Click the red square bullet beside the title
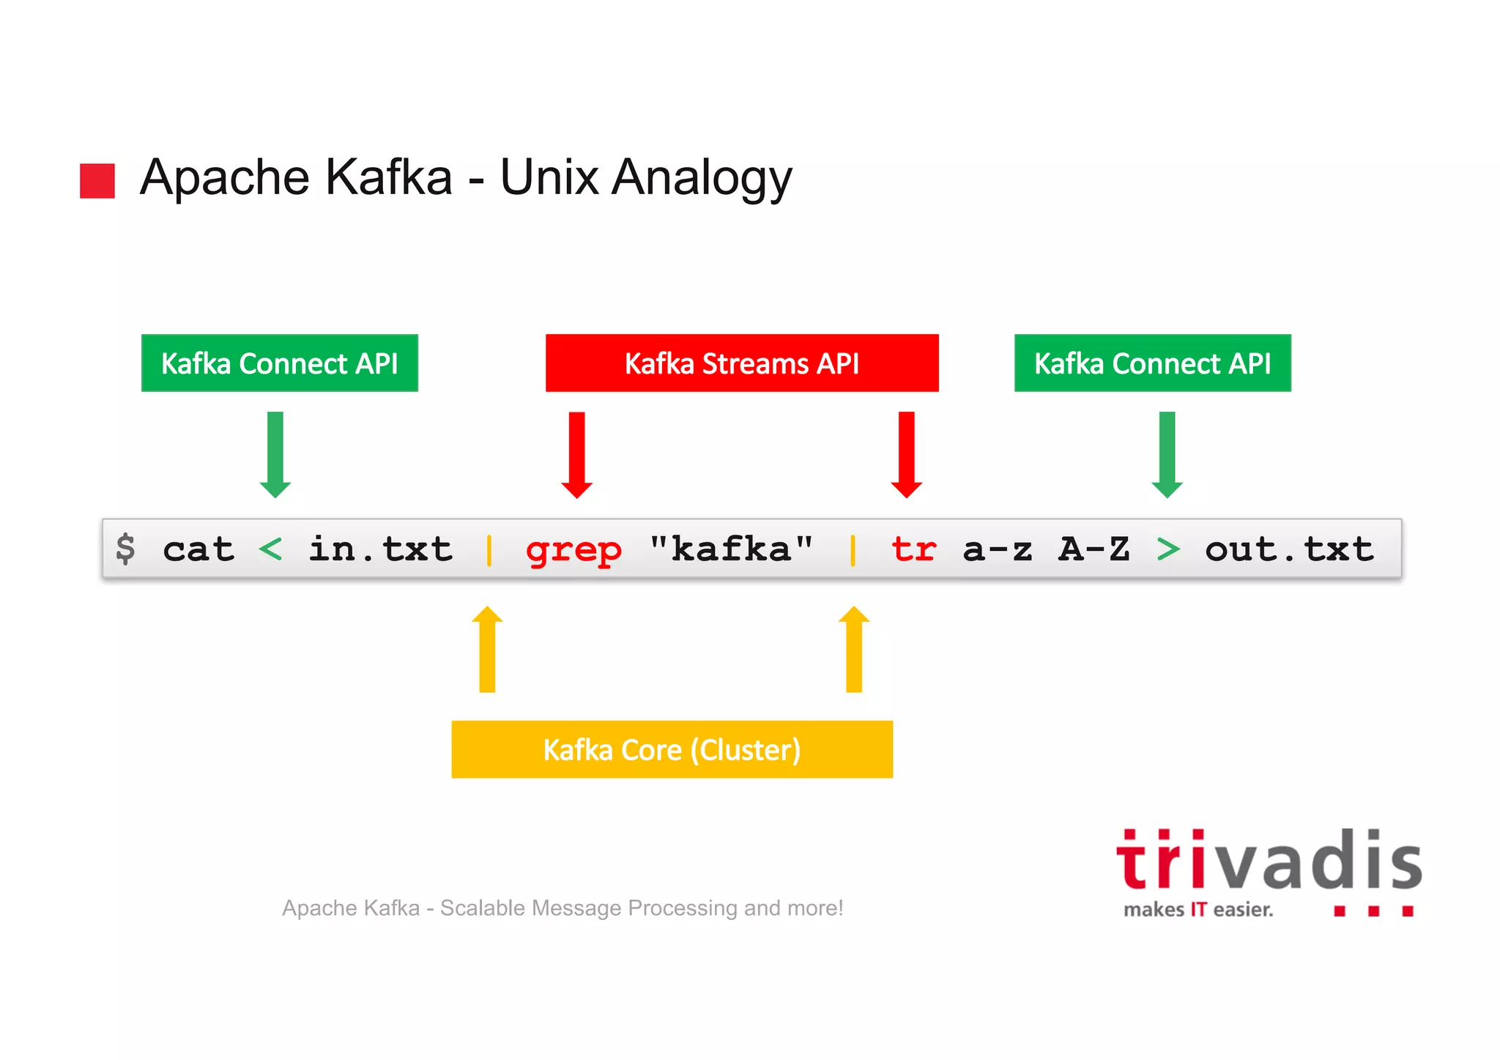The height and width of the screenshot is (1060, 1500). click(97, 181)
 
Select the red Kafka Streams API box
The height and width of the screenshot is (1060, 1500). click(741, 363)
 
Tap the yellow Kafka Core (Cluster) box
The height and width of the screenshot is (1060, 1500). click(672, 749)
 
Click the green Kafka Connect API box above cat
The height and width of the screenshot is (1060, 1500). click(279, 363)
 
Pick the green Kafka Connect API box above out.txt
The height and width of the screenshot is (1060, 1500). click(1152, 363)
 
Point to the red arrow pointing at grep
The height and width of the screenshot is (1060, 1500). click(577, 454)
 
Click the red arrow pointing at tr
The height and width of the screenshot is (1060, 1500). click(907, 454)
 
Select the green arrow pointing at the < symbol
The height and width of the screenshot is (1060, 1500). click(275, 454)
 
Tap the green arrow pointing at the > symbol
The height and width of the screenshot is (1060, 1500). click(1167, 454)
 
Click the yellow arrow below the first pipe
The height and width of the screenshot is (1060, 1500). click(487, 648)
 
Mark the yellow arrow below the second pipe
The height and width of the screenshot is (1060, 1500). click(854, 648)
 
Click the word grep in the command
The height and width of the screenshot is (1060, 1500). click(573, 550)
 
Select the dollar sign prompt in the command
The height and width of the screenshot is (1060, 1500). click(125, 549)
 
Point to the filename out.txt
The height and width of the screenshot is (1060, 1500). click(1289, 549)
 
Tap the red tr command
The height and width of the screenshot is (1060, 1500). click(913, 549)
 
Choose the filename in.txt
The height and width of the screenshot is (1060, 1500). click(380, 549)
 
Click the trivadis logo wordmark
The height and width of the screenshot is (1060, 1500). click(1269, 861)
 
